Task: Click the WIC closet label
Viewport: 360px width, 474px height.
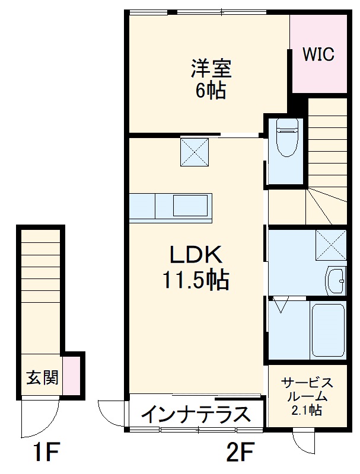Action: [x=318, y=55]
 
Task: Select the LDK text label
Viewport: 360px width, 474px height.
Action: [x=196, y=255]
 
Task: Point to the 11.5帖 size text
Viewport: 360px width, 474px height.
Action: [x=196, y=280]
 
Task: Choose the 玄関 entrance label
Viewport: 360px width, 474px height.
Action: [x=42, y=377]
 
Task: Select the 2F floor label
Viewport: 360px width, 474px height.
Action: [x=240, y=455]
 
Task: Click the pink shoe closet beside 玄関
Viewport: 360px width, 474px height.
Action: [x=71, y=376]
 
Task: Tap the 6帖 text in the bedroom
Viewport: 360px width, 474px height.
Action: [x=211, y=91]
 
